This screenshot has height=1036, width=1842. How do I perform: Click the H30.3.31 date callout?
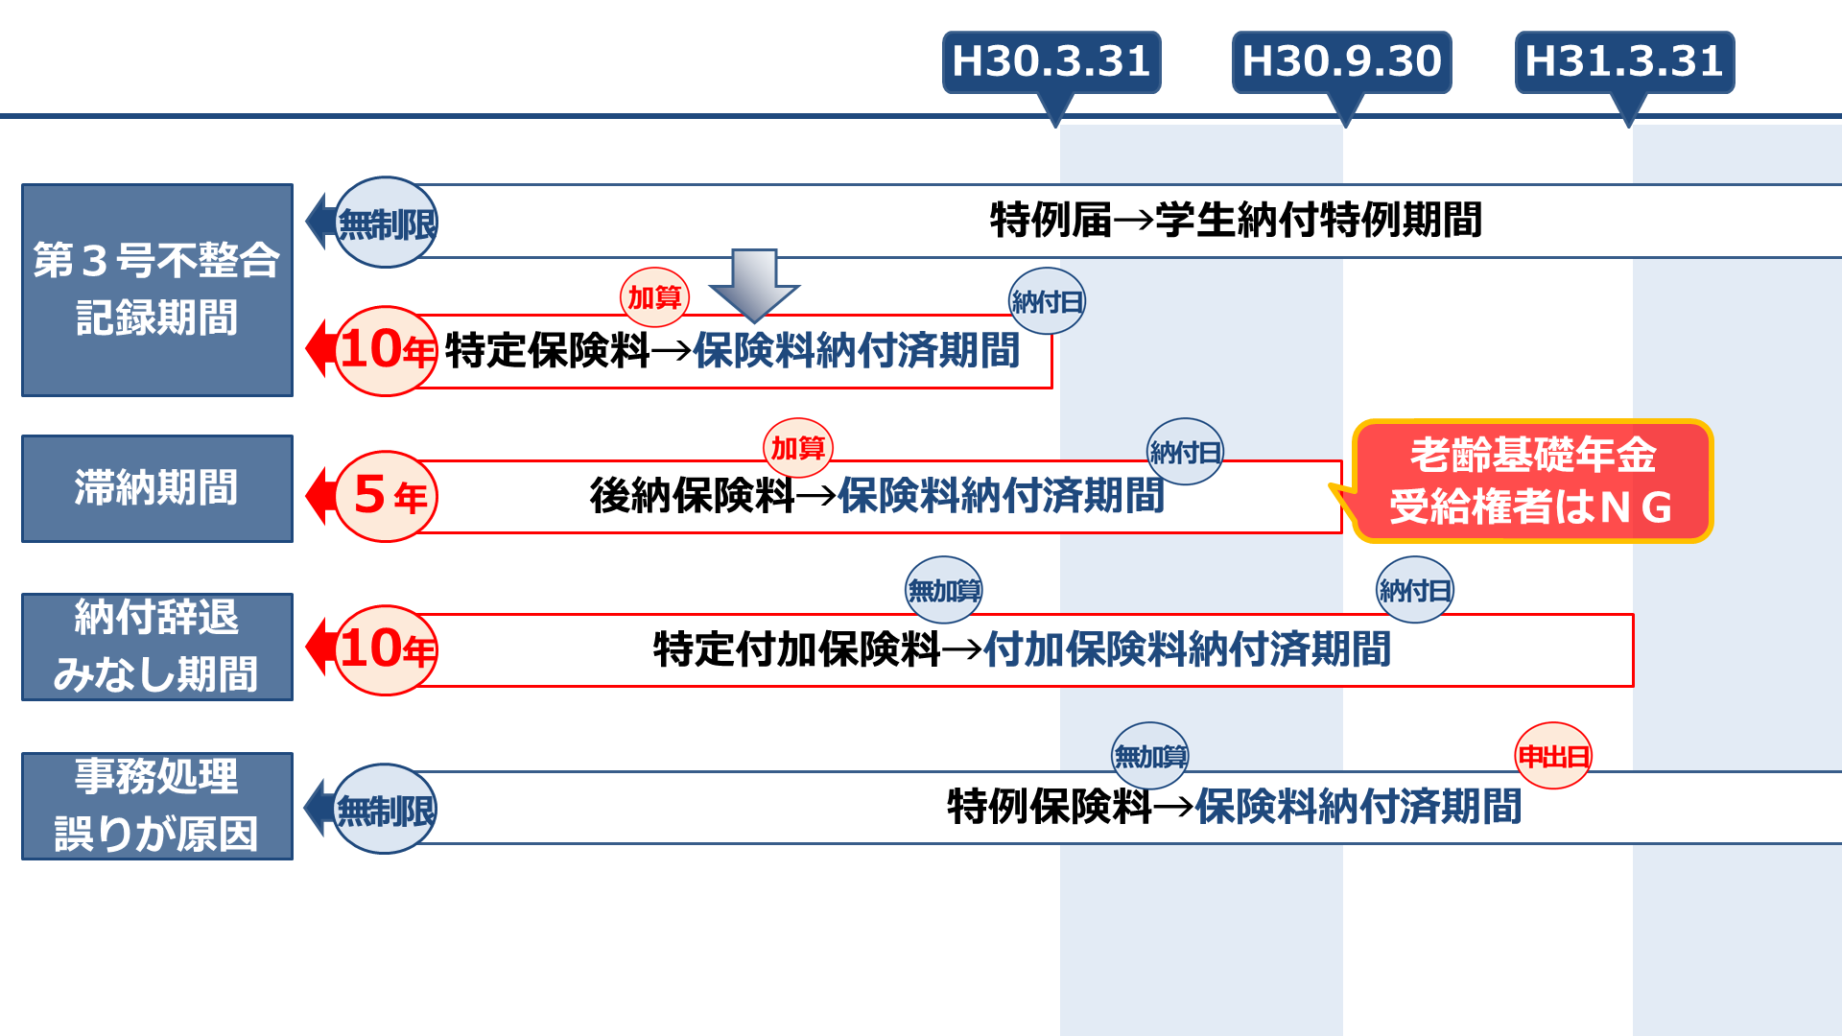[1051, 62]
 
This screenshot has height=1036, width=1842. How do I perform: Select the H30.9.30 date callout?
[1341, 62]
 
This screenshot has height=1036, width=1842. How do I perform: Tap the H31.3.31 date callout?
[1624, 62]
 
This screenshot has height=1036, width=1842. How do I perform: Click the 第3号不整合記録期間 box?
[157, 290]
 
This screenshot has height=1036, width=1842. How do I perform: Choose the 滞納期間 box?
[157, 488]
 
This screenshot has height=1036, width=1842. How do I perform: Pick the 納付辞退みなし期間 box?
[157, 647]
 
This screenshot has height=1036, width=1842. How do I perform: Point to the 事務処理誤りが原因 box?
[157, 806]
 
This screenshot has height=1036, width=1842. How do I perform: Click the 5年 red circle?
[387, 496]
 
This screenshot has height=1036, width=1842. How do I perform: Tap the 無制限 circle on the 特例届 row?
[387, 223]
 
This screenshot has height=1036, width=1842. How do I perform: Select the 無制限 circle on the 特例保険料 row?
[385, 809]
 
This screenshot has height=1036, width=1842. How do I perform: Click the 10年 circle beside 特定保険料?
[387, 350]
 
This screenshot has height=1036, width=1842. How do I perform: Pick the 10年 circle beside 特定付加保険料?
[387, 649]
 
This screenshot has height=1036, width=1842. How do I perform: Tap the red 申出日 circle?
[1553, 756]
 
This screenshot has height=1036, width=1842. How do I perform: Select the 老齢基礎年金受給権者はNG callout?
[1532, 482]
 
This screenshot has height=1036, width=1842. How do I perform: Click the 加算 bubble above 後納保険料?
[798, 448]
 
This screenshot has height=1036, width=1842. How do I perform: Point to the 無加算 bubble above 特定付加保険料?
[944, 590]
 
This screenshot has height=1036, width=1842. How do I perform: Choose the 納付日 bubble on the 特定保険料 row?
[1047, 301]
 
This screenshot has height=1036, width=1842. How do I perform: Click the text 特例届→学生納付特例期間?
[1236, 221]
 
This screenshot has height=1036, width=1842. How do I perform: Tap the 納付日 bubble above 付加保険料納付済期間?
[1414, 590]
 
